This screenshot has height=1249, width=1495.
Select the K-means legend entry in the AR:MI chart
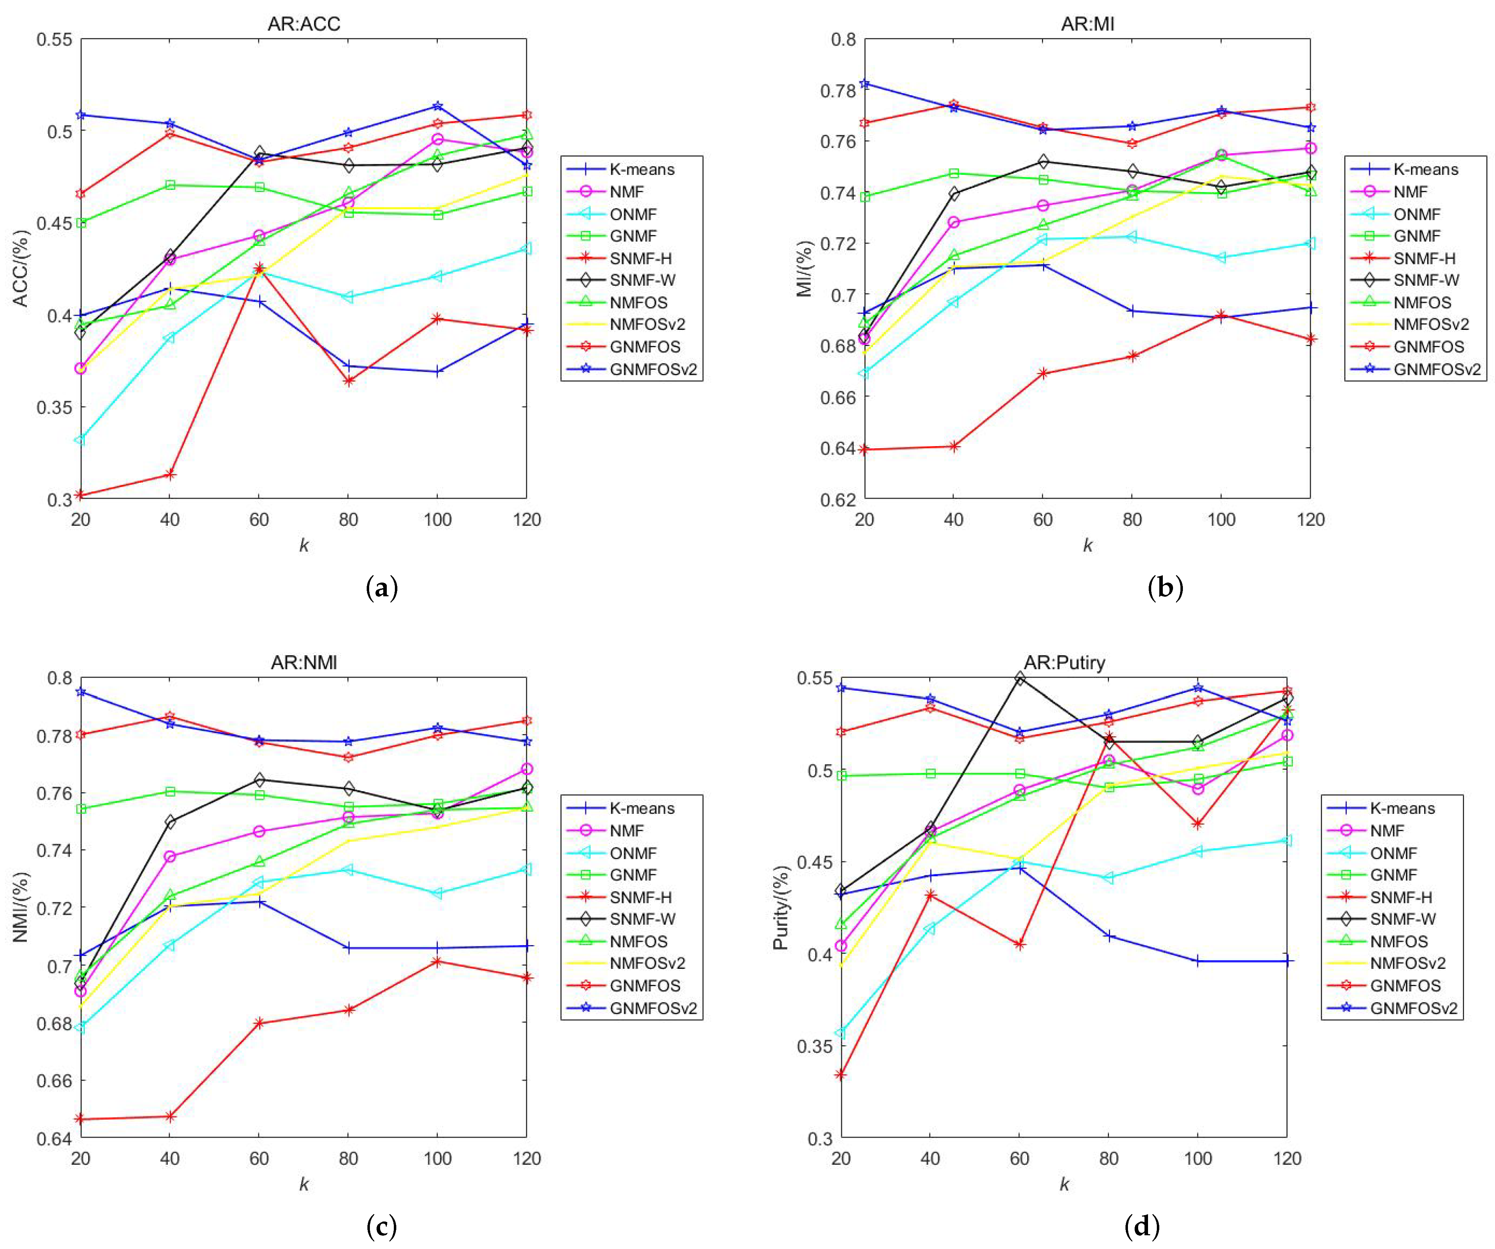click(1425, 170)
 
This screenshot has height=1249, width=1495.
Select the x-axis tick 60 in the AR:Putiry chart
click(1019, 1158)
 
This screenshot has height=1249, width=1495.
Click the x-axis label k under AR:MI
click(1087, 546)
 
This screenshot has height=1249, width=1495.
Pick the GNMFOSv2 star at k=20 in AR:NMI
click(80, 691)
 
